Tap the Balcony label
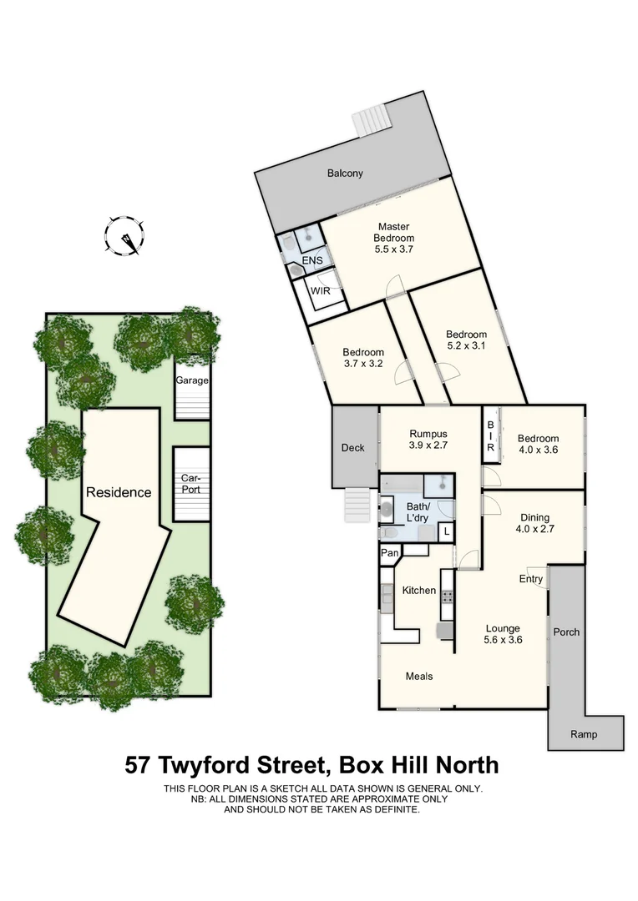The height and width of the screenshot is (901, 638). pyautogui.click(x=345, y=174)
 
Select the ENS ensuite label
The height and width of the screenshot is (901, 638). pyautogui.click(x=312, y=260)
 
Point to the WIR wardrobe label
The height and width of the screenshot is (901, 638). pyautogui.click(x=321, y=291)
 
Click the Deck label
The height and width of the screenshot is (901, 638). pyautogui.click(x=353, y=448)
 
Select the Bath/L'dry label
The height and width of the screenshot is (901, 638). pyautogui.click(x=418, y=512)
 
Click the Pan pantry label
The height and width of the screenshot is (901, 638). pyautogui.click(x=389, y=552)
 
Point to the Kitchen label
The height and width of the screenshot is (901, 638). pyautogui.click(x=419, y=591)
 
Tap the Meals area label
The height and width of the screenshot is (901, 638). pyautogui.click(x=419, y=676)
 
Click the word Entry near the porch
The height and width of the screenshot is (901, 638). pyautogui.click(x=531, y=579)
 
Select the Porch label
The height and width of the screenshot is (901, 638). pyautogui.click(x=566, y=632)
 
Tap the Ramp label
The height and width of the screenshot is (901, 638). pyautogui.click(x=584, y=734)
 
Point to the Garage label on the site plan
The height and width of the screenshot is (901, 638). pyautogui.click(x=192, y=380)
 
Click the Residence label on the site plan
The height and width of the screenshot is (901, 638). pyautogui.click(x=119, y=492)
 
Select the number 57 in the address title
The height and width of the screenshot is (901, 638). pyautogui.click(x=140, y=764)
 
